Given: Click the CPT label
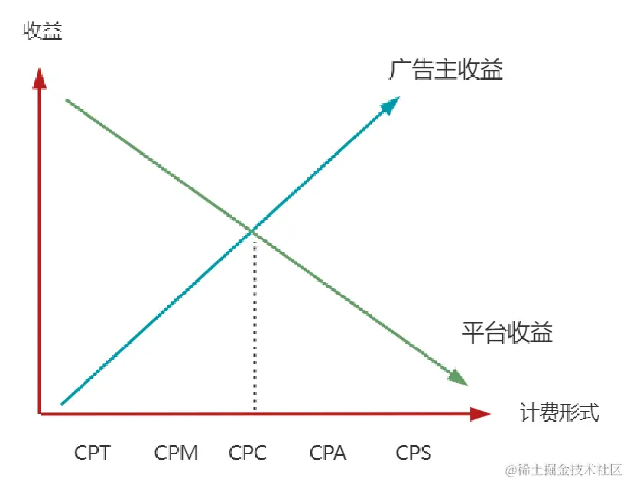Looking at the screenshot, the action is point(93,452).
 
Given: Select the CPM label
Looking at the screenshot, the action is point(176,452).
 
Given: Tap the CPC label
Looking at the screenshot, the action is point(248,452).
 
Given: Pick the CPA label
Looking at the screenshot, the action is point(328,452).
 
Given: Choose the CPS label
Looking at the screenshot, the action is point(414,452).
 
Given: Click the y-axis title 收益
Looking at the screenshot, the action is point(43,31).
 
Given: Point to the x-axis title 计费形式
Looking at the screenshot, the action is point(560,413).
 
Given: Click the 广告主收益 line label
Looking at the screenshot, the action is point(446,70).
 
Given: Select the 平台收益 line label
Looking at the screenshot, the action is point(507,333).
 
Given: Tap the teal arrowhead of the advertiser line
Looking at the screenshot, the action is point(391,104).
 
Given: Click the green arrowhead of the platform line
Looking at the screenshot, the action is point(457,377).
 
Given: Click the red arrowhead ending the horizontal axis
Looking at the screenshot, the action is point(479,414).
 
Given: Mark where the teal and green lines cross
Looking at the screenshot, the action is point(252,230).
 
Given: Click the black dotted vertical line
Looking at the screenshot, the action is point(253,321).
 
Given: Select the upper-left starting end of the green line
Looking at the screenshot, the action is point(67,100).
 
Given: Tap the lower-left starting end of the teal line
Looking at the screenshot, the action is point(61,403).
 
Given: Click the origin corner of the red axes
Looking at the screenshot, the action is point(39,414).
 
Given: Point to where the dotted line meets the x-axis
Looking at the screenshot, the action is point(253,413).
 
